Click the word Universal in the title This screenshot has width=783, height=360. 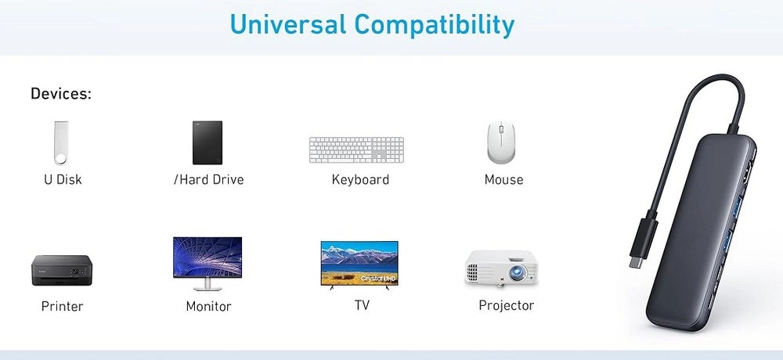(288, 24)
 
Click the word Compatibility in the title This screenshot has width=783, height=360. (435, 26)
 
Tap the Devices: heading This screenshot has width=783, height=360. (61, 93)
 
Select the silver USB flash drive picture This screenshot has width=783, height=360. (61, 142)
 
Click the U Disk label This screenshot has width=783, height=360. (63, 180)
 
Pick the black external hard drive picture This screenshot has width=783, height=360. (207, 142)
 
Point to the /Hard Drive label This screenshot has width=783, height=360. (209, 180)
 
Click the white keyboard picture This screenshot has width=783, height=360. (356, 149)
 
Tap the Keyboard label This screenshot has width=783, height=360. (360, 180)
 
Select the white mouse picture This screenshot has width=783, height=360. (501, 142)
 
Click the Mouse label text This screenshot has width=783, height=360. (503, 180)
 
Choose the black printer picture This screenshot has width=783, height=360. (62, 270)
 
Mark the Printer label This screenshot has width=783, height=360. (63, 306)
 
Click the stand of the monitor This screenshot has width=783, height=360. (207, 285)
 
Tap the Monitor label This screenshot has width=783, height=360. (209, 306)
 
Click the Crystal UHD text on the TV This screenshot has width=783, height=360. (378, 278)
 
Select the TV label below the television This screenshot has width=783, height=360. (362, 305)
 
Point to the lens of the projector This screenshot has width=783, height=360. (517, 272)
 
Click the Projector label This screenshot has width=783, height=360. (507, 305)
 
